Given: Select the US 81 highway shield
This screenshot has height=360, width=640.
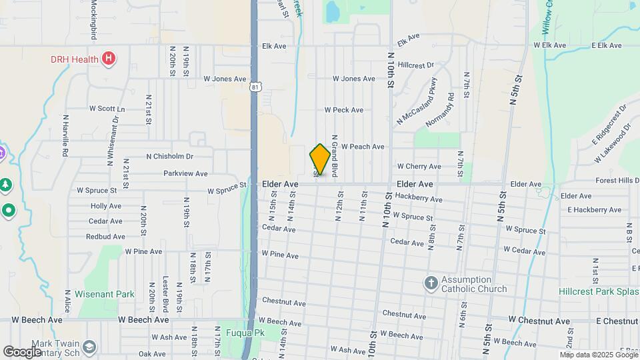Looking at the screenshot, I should coord(256,87).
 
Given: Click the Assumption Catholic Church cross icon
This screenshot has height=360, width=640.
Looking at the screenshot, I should coord(431,283).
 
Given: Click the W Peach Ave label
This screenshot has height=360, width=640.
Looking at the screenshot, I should coord(363,147).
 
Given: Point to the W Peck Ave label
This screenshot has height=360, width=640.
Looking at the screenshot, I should coord(344,110).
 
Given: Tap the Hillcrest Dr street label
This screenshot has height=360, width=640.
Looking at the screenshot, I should coord(415,65).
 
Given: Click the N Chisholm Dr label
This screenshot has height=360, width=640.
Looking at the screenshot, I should coord(169,157).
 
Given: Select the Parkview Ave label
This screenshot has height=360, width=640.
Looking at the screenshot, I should coord(185,173).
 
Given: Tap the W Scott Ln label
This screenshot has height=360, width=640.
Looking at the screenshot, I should coord(107,109).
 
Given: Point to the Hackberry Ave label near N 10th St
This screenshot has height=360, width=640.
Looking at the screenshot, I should coord(418,198).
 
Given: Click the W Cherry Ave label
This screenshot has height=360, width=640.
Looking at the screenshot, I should coord(419,166).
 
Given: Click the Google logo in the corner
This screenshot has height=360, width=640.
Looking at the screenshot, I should coord(22,352).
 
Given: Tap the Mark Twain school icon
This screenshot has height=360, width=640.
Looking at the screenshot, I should coord(89,347).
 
